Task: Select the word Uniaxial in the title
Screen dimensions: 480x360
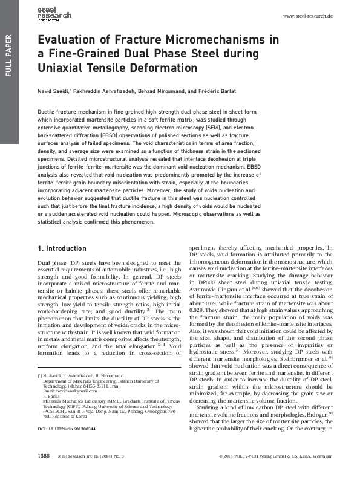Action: pos(59,68)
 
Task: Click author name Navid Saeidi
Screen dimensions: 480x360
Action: pos(56,91)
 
